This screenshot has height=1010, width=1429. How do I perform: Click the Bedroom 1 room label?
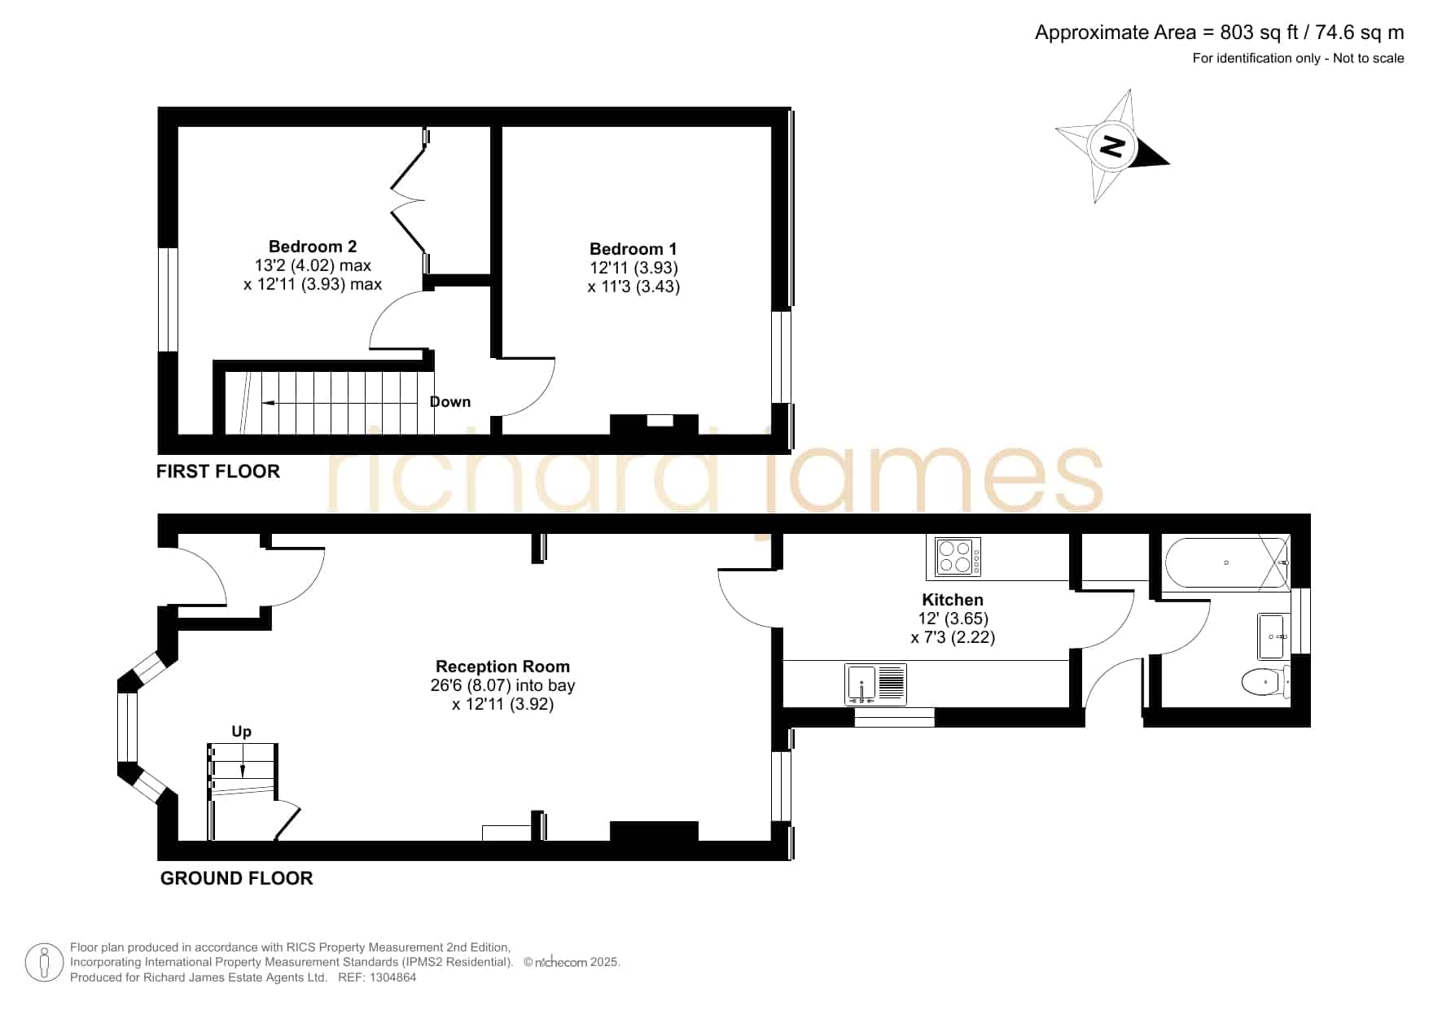point(633,249)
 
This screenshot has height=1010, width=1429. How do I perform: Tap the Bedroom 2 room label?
point(313,247)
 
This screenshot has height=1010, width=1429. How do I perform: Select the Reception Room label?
point(502,667)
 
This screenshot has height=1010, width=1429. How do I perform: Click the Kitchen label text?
point(953,600)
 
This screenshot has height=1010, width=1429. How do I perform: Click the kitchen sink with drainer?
point(876,684)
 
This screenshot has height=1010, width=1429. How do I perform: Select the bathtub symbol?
point(1228,562)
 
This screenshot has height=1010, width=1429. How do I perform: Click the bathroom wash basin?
point(1274,636)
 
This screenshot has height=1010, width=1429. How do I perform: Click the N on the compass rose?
point(1112,146)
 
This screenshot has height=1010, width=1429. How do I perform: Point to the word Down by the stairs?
point(450,401)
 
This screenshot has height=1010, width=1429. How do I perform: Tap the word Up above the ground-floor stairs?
point(242,732)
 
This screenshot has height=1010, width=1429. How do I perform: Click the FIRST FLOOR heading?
point(218,471)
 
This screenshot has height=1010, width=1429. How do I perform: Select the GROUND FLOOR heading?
point(236,878)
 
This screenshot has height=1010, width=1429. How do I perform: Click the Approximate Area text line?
point(1219,33)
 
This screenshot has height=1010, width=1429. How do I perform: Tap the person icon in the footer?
point(44,963)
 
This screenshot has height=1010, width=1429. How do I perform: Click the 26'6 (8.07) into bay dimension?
point(502,685)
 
